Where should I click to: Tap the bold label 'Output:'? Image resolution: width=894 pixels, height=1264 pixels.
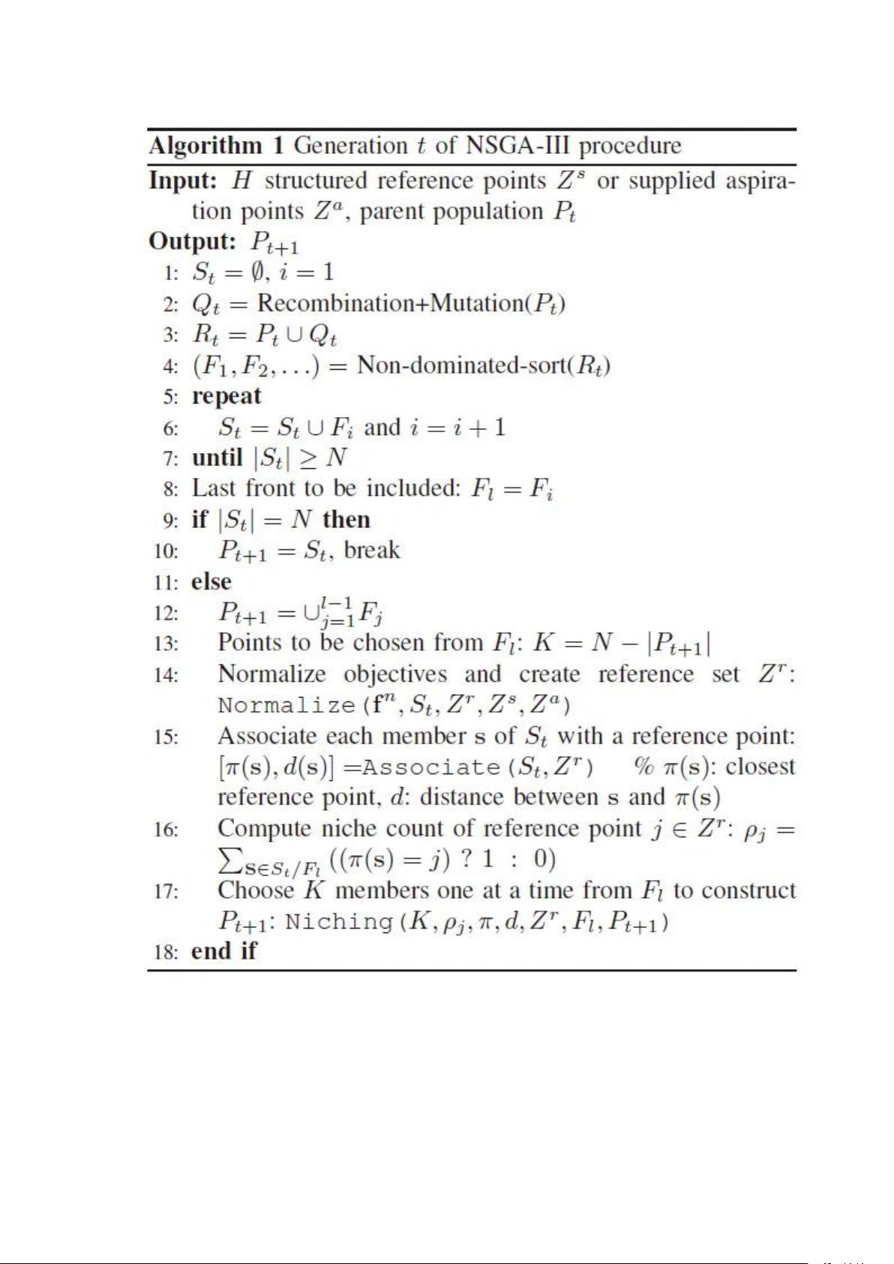[193, 242]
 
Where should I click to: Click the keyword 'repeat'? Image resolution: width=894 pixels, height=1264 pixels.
[226, 396]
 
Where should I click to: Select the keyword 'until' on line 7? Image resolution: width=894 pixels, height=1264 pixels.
[217, 458]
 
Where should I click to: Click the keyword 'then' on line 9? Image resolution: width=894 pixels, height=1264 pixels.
[346, 519]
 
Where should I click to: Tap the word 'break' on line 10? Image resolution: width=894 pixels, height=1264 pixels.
[372, 550]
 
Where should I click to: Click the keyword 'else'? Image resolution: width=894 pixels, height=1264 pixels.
[211, 581]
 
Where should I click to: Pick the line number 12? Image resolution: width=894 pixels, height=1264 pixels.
[166, 614]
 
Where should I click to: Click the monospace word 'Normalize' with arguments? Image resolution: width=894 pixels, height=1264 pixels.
[286, 706]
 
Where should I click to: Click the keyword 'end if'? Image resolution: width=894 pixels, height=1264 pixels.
[223, 951]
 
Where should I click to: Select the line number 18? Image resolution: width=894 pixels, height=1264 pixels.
[166, 953]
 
